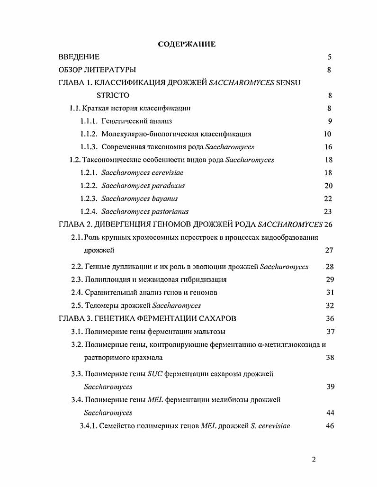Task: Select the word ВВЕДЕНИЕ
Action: (x=79, y=57)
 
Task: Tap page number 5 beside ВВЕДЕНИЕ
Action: (x=329, y=57)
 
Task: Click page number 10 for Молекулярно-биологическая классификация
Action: (x=328, y=134)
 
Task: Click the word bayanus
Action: (x=162, y=198)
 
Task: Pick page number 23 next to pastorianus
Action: (x=328, y=212)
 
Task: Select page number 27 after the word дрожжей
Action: (x=329, y=250)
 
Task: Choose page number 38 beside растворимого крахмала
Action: (x=330, y=357)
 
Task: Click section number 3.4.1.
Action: (x=90, y=425)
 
